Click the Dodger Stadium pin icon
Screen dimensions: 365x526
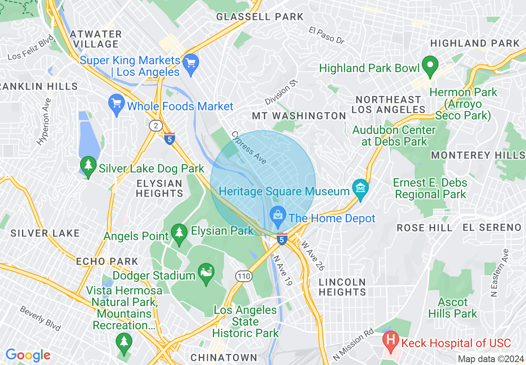pyautogui.click(x=206, y=274)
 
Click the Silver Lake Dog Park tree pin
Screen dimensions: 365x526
pyautogui.click(x=88, y=167)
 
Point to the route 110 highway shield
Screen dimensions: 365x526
pyautogui.click(x=243, y=275)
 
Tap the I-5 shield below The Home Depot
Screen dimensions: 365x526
pyautogui.click(x=282, y=239)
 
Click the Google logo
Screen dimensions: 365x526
pyautogui.click(x=28, y=355)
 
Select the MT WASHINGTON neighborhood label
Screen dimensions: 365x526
pyautogui.click(x=299, y=116)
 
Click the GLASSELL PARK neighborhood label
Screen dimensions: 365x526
pyautogui.click(x=260, y=17)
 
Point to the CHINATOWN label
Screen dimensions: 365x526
pyautogui.click(x=224, y=357)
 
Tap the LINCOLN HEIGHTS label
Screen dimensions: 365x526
pyautogui.click(x=342, y=287)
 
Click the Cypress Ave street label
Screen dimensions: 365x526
pyautogui.click(x=249, y=148)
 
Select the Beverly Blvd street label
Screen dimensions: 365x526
pyautogui.click(x=41, y=319)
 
